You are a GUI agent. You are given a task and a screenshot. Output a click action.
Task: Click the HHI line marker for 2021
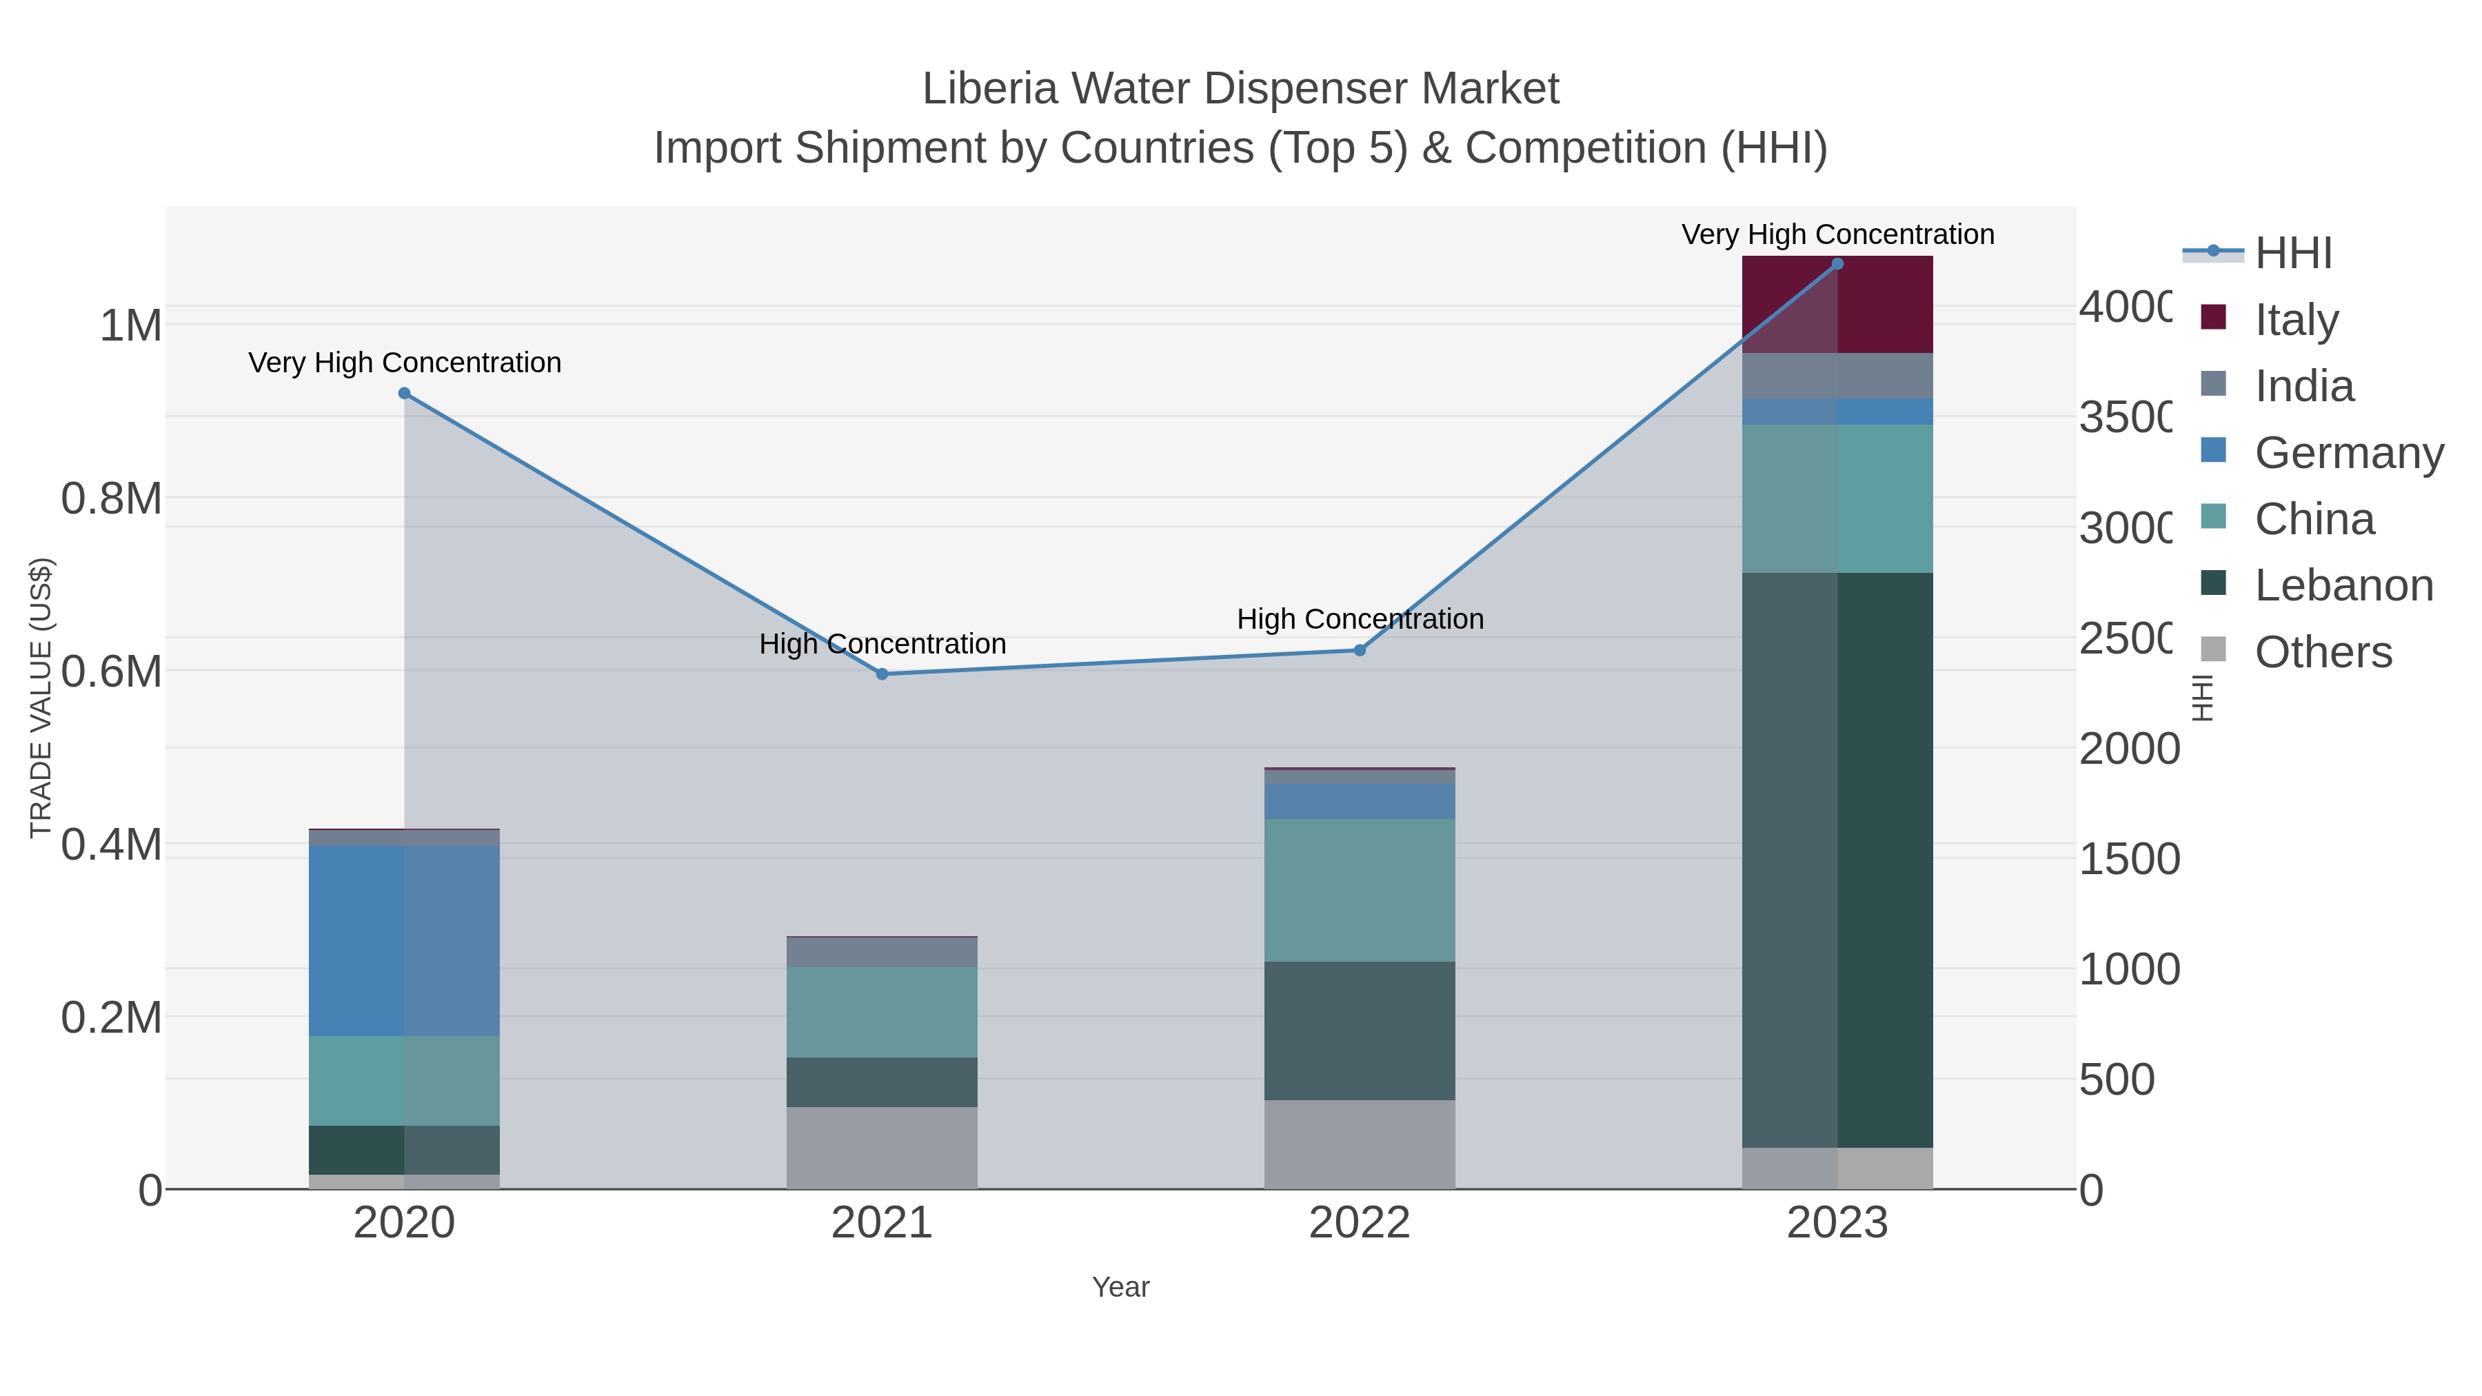[x=882, y=674]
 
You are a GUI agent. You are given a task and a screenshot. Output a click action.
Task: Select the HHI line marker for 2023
[x=1837, y=264]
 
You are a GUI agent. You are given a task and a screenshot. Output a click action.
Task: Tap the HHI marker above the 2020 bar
[x=405, y=393]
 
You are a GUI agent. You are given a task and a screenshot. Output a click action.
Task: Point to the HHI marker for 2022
[x=1360, y=650]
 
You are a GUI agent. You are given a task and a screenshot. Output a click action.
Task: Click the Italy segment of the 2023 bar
[x=1837, y=305]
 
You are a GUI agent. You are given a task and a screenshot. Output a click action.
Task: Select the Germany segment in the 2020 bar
[x=404, y=940]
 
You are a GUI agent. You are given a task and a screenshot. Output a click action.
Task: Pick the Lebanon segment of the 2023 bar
[x=1837, y=860]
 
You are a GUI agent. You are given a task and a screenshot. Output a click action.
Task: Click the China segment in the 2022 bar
[x=1360, y=890]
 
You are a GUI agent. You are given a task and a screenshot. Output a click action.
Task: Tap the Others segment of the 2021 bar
[x=882, y=1147]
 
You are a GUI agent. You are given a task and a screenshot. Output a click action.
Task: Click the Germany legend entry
[x=2348, y=453]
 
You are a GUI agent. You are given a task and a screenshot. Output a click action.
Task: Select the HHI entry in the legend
[x=2292, y=254]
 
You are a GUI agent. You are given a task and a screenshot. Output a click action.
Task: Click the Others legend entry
[x=2322, y=652]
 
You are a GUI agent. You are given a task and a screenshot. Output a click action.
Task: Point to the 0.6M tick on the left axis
[x=111, y=671]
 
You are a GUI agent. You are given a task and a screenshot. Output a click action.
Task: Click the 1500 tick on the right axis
[x=2128, y=858]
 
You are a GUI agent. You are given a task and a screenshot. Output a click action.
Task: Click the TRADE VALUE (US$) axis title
[x=41, y=698]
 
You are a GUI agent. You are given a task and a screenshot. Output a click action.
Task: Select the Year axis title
[x=1120, y=1287]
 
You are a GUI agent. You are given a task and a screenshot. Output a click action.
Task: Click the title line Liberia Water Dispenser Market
[x=1240, y=89]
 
